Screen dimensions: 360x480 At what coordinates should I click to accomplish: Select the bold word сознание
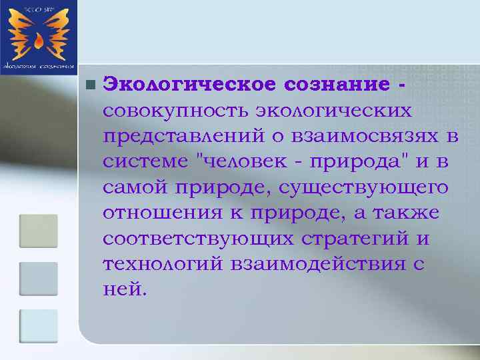335,85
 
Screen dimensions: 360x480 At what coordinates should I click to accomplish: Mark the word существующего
365,188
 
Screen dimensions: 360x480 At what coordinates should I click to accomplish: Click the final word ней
123,291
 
